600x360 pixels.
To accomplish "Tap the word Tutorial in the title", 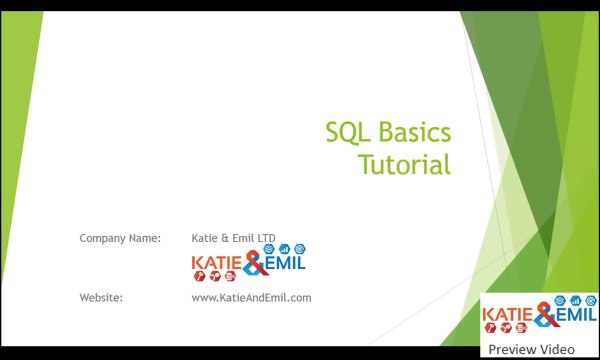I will [405, 164].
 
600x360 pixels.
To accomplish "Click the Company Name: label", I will [119, 238].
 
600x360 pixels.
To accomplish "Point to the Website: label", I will [100, 297].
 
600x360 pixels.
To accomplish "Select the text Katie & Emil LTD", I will [233, 238].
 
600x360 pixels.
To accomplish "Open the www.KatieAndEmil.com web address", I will [251, 297].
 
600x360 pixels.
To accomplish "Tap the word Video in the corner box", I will [557, 349].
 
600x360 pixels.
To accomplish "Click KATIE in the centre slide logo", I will [216, 265].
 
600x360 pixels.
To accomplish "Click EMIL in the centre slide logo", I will [285, 264].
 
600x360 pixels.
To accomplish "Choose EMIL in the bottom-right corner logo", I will [576, 317].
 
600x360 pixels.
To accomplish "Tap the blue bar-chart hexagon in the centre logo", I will [284, 248].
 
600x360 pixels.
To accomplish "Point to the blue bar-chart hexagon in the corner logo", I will [575, 301].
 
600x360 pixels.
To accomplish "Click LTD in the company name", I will [266, 238].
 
